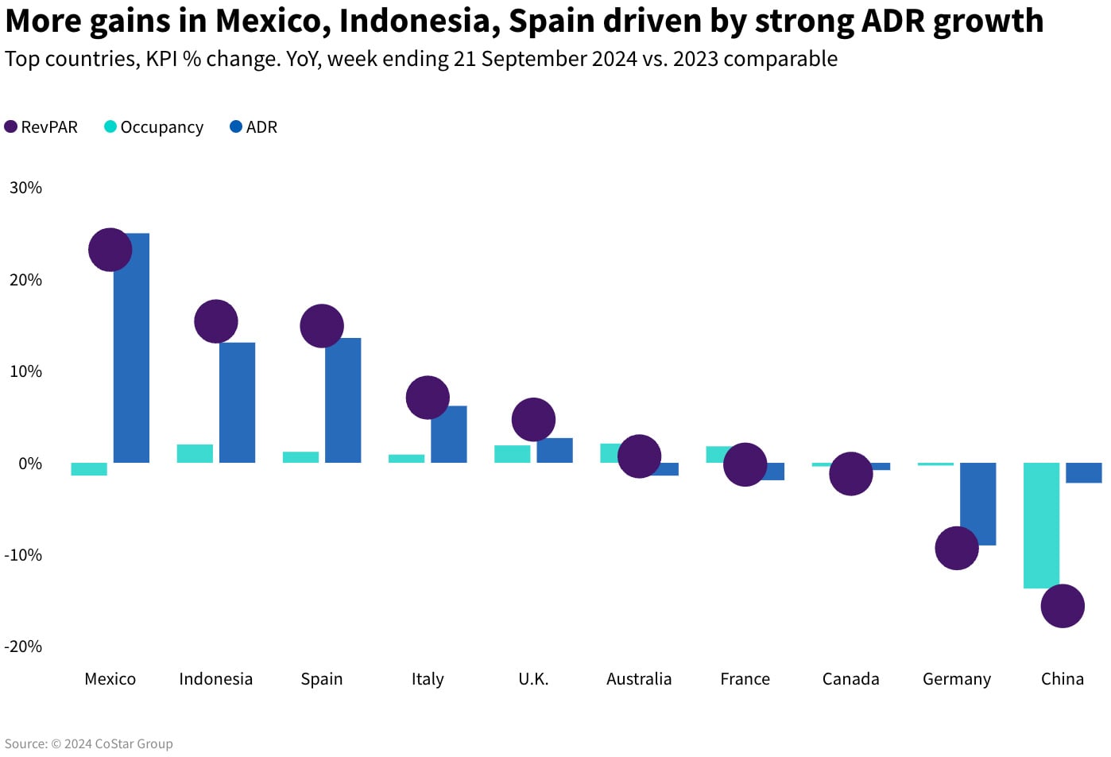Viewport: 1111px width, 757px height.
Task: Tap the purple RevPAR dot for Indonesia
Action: [216, 321]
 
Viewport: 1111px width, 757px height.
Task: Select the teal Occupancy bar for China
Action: [1041, 525]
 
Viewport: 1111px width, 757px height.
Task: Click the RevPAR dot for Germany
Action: [956, 548]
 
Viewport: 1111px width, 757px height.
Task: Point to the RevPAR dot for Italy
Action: [428, 398]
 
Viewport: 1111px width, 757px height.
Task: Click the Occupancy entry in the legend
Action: [155, 127]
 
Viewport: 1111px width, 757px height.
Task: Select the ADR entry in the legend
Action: [254, 127]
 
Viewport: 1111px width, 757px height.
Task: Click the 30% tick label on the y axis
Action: [25, 188]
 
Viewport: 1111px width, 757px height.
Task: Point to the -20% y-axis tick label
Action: [23, 646]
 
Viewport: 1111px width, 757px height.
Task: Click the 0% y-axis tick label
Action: [30, 464]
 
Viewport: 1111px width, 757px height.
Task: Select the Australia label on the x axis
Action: [639, 679]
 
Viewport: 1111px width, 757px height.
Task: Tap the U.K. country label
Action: [533, 679]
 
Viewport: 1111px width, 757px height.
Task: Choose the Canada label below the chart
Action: [850, 679]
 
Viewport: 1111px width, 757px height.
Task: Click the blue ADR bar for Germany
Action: [977, 503]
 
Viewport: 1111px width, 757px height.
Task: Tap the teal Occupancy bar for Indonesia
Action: [195, 453]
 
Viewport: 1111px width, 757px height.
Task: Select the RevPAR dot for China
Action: [1063, 606]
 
